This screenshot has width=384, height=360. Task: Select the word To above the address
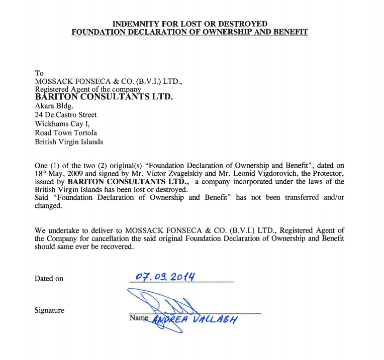click(39, 73)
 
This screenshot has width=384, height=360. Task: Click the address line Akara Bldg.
click(54, 106)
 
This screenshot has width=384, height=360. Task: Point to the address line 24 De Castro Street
click(66, 115)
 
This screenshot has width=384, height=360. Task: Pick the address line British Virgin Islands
click(69, 142)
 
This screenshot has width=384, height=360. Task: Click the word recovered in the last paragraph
click(117, 247)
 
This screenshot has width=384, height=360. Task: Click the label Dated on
click(49, 279)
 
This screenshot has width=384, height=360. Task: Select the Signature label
click(49, 310)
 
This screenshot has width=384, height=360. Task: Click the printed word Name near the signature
click(139, 318)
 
